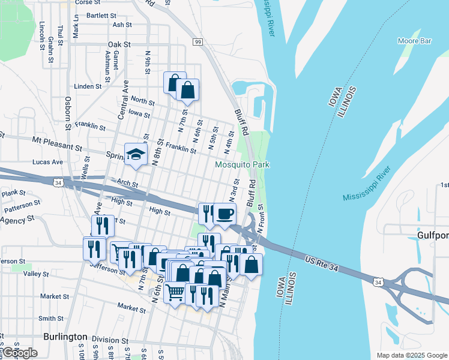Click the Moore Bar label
click(415, 41)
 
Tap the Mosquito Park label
click(243, 164)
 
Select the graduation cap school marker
click(136, 156)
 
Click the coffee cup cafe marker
click(224, 214)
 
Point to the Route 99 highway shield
click(197, 41)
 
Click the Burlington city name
click(65, 337)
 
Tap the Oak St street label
click(119, 44)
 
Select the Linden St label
click(88, 86)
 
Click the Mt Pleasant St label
click(57, 143)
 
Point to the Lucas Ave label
click(49, 162)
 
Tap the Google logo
click(20, 353)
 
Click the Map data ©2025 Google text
click(411, 355)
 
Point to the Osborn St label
click(68, 112)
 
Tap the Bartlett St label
click(101, 15)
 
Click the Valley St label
click(37, 274)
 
